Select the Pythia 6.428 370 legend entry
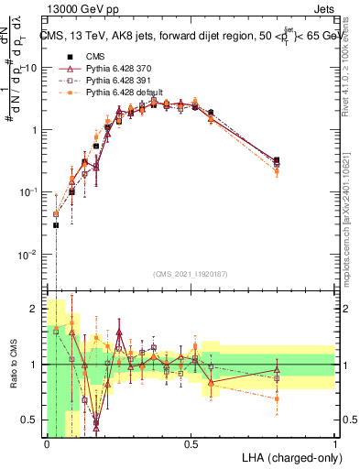(116, 69)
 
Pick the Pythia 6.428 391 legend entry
(116, 81)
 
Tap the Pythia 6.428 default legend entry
(120, 93)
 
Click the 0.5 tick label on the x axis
(191, 442)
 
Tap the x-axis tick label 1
(335, 442)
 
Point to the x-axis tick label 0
(47, 442)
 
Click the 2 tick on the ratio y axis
(33, 309)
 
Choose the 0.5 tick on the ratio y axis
(29, 420)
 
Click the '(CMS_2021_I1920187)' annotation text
(190, 274)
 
